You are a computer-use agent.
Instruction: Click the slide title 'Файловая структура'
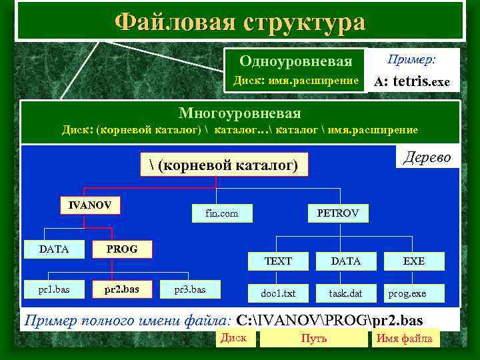(x=240, y=21)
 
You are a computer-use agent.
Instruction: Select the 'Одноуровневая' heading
(x=296, y=62)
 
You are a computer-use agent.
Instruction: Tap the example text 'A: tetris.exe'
(x=412, y=83)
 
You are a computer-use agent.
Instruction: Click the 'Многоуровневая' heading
(x=240, y=113)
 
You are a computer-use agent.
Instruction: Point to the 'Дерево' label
(x=427, y=157)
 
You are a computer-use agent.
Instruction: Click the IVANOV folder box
(x=90, y=205)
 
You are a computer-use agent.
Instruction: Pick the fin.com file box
(x=222, y=213)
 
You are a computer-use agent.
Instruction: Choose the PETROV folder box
(x=337, y=213)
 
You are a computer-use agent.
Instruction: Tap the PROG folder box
(x=122, y=249)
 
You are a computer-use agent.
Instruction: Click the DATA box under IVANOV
(x=54, y=249)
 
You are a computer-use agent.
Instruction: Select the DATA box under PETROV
(x=346, y=261)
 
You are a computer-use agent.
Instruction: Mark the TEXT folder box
(x=278, y=261)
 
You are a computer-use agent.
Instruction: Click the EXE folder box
(x=414, y=261)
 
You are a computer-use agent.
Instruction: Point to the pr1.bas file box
(x=54, y=289)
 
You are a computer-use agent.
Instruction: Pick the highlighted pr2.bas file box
(x=122, y=289)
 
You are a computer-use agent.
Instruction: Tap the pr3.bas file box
(x=190, y=289)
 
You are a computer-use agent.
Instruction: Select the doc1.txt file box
(x=278, y=293)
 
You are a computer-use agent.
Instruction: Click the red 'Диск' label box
(x=234, y=338)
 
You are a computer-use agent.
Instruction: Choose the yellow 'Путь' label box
(x=313, y=339)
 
